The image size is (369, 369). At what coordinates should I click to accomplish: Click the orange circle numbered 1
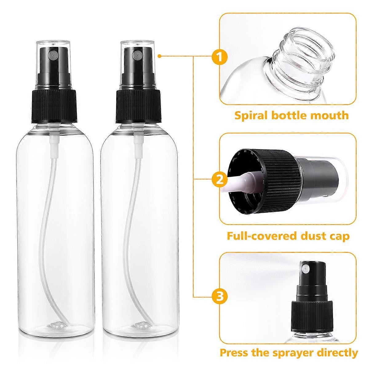[x=219, y=57]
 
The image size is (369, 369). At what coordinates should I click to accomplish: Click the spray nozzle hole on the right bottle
[x=135, y=56]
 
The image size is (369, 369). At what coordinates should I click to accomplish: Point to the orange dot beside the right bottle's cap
[x=160, y=56]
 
